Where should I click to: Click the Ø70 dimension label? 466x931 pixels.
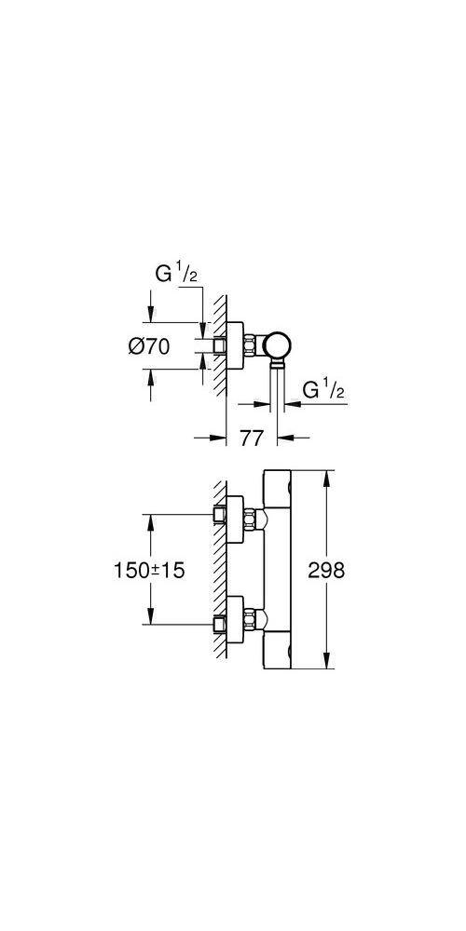pyautogui.click(x=148, y=346)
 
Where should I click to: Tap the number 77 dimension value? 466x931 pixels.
pyautogui.click(x=252, y=439)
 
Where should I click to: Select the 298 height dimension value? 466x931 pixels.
pyautogui.click(x=325, y=570)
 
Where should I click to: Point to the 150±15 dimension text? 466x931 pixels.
pyautogui.click(x=149, y=570)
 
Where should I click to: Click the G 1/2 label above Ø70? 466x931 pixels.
pyautogui.click(x=176, y=276)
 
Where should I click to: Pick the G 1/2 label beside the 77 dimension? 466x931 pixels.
pyautogui.click(x=324, y=390)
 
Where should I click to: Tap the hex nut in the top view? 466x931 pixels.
pyautogui.click(x=250, y=346)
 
